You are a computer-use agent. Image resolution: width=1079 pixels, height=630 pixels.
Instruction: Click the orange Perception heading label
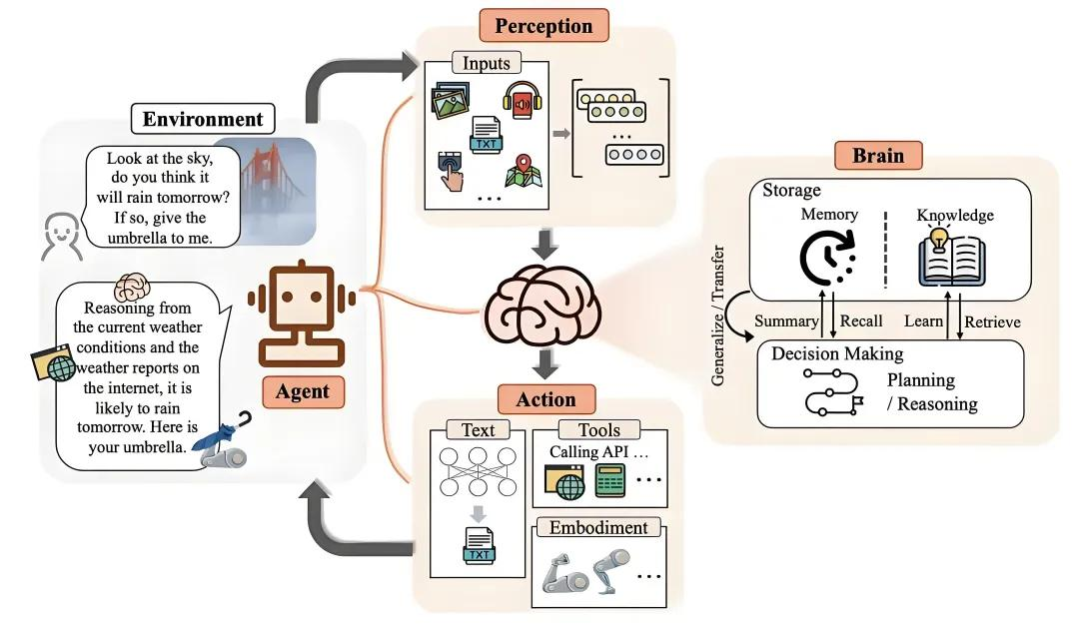[x=543, y=25]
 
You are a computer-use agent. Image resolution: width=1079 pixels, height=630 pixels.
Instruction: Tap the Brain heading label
[x=878, y=155]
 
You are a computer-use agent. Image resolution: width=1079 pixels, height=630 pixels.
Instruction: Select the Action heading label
[x=545, y=399]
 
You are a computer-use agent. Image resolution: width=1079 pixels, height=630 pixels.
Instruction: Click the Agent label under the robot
[x=302, y=391]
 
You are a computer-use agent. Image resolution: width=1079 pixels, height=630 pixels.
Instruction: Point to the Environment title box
[x=203, y=120]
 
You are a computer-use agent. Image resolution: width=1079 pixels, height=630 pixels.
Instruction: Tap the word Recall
[x=861, y=320]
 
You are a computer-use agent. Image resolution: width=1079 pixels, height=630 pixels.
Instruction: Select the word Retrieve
[x=992, y=320]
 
